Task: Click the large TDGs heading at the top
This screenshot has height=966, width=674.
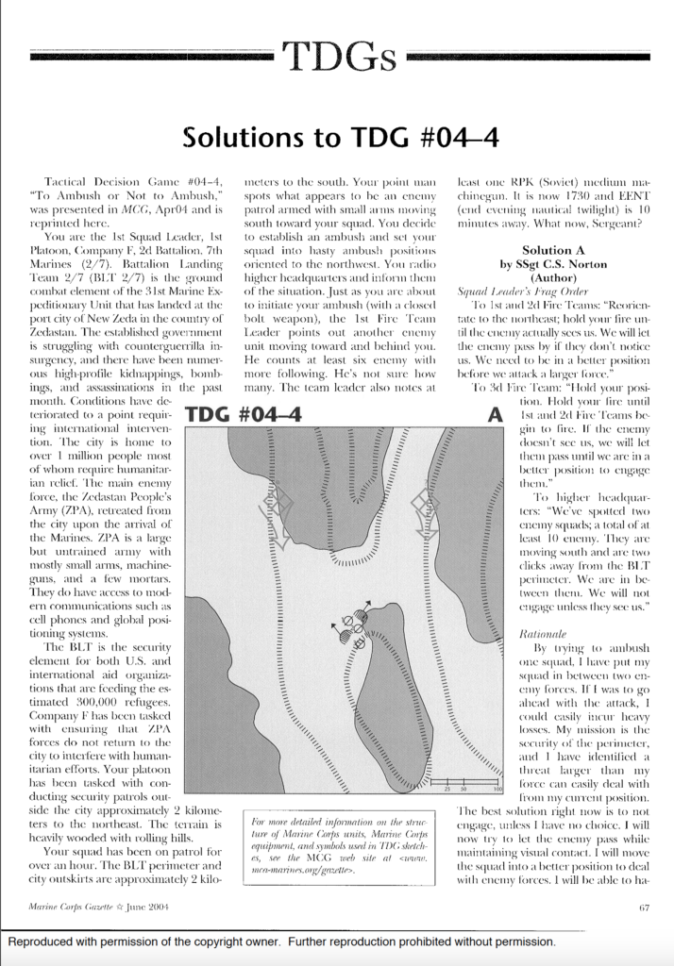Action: (x=337, y=57)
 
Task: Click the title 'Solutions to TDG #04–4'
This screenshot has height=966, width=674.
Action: (x=336, y=138)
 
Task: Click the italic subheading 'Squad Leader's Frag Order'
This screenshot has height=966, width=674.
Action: (x=510, y=291)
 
